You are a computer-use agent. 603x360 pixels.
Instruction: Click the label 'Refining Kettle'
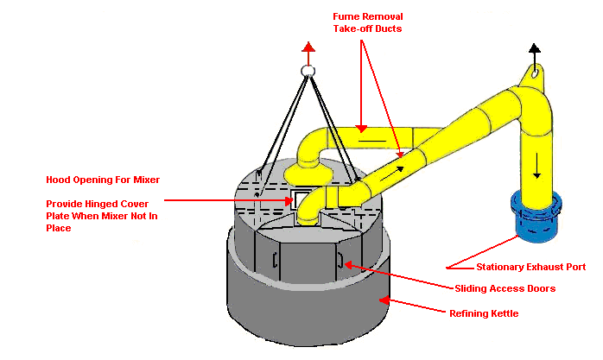click(x=484, y=313)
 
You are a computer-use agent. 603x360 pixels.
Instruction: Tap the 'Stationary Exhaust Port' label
click(x=530, y=268)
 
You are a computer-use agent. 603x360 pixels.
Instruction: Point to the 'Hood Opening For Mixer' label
click(x=103, y=180)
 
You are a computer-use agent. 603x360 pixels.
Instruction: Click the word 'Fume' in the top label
click(x=347, y=16)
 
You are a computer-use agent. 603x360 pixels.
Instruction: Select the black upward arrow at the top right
click(x=536, y=50)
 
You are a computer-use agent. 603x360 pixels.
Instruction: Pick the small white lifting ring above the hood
click(x=307, y=72)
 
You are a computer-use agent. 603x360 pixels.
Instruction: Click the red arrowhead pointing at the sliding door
click(x=347, y=264)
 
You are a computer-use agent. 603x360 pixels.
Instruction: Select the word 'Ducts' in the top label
click(x=389, y=28)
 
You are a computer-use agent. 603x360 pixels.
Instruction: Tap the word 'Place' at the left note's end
click(x=60, y=229)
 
